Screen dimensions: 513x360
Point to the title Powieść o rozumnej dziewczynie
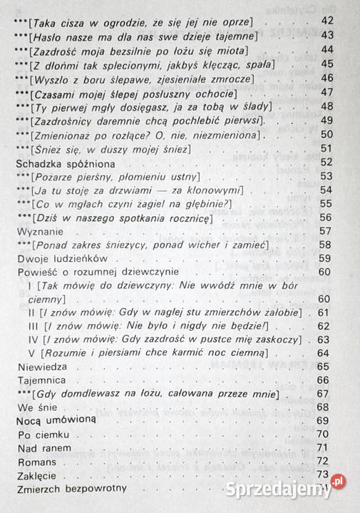click(93, 272)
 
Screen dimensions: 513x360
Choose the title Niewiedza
click(39, 367)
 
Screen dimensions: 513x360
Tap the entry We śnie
click(35, 407)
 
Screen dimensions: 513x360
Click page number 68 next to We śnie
click(327, 407)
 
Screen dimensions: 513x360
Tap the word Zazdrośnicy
click(65, 120)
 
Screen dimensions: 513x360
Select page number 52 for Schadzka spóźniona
click(327, 163)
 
